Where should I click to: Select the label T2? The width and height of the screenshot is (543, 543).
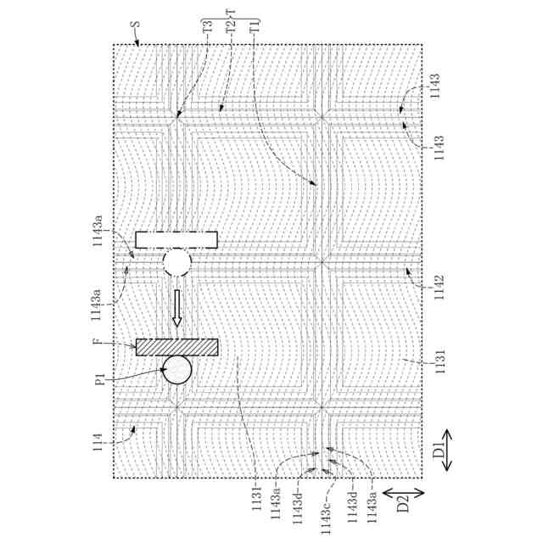pos(231,26)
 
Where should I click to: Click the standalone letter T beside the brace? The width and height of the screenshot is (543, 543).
pos(231,11)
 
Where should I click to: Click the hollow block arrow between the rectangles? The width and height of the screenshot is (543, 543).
pos(177,309)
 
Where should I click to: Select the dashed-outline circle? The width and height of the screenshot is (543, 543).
pos(177,261)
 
